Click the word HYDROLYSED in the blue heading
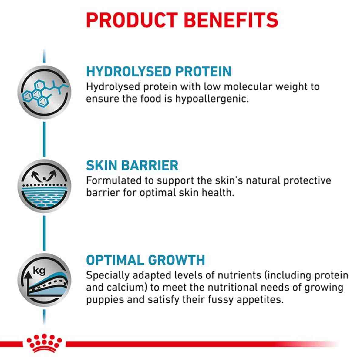coord(125,71)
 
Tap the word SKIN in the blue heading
coord(101,165)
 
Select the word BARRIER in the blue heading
coord(150,165)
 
